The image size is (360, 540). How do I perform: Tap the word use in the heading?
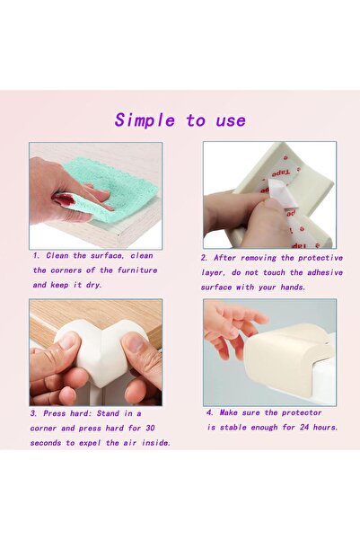(x=229, y=120)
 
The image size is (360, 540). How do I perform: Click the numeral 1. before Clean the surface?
(x=35, y=255)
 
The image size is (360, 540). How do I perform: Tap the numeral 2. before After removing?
(x=204, y=257)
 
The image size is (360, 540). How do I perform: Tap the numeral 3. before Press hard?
(x=33, y=413)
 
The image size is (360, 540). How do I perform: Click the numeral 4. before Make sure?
(x=210, y=412)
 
